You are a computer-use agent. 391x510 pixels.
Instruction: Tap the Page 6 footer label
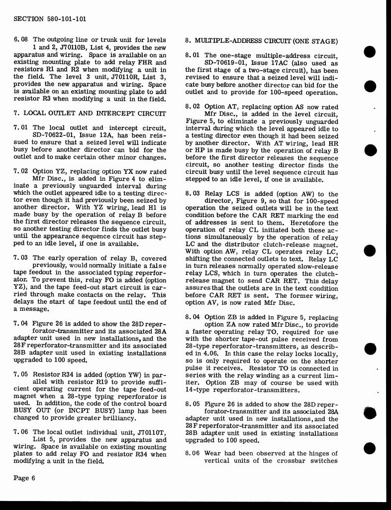pos(24,479)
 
